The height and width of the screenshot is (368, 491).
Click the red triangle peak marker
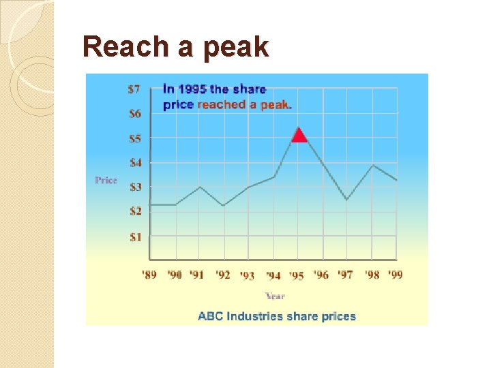tap(299, 136)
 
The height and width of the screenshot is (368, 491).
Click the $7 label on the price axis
tap(134, 89)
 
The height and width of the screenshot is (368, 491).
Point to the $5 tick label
tap(134, 138)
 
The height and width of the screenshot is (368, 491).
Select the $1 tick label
tap(134, 236)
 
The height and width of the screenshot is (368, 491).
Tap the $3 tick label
tap(134, 187)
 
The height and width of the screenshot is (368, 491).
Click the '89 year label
tap(149, 275)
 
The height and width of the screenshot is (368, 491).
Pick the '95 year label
tap(297, 275)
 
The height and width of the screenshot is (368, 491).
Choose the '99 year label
tap(396, 275)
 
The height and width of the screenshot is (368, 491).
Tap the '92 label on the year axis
tap(223, 275)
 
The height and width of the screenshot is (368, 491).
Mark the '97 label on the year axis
tap(346, 275)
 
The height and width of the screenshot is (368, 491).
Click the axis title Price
tap(106, 180)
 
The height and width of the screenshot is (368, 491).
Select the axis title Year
tap(275, 296)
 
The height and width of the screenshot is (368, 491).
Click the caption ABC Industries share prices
tap(277, 316)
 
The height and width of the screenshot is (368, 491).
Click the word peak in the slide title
tap(235, 47)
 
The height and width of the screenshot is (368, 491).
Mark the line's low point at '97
tap(346, 200)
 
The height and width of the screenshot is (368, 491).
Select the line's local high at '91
tap(199, 187)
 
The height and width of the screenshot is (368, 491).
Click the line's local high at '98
tap(372, 165)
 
